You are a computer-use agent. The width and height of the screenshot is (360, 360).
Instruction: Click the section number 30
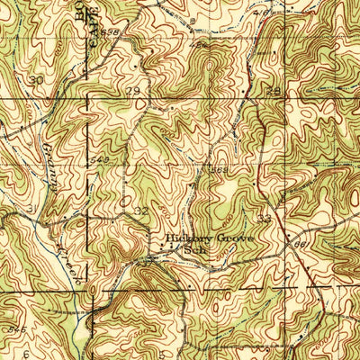(x=36, y=80)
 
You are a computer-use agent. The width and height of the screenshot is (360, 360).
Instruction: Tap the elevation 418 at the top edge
(x=262, y=13)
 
